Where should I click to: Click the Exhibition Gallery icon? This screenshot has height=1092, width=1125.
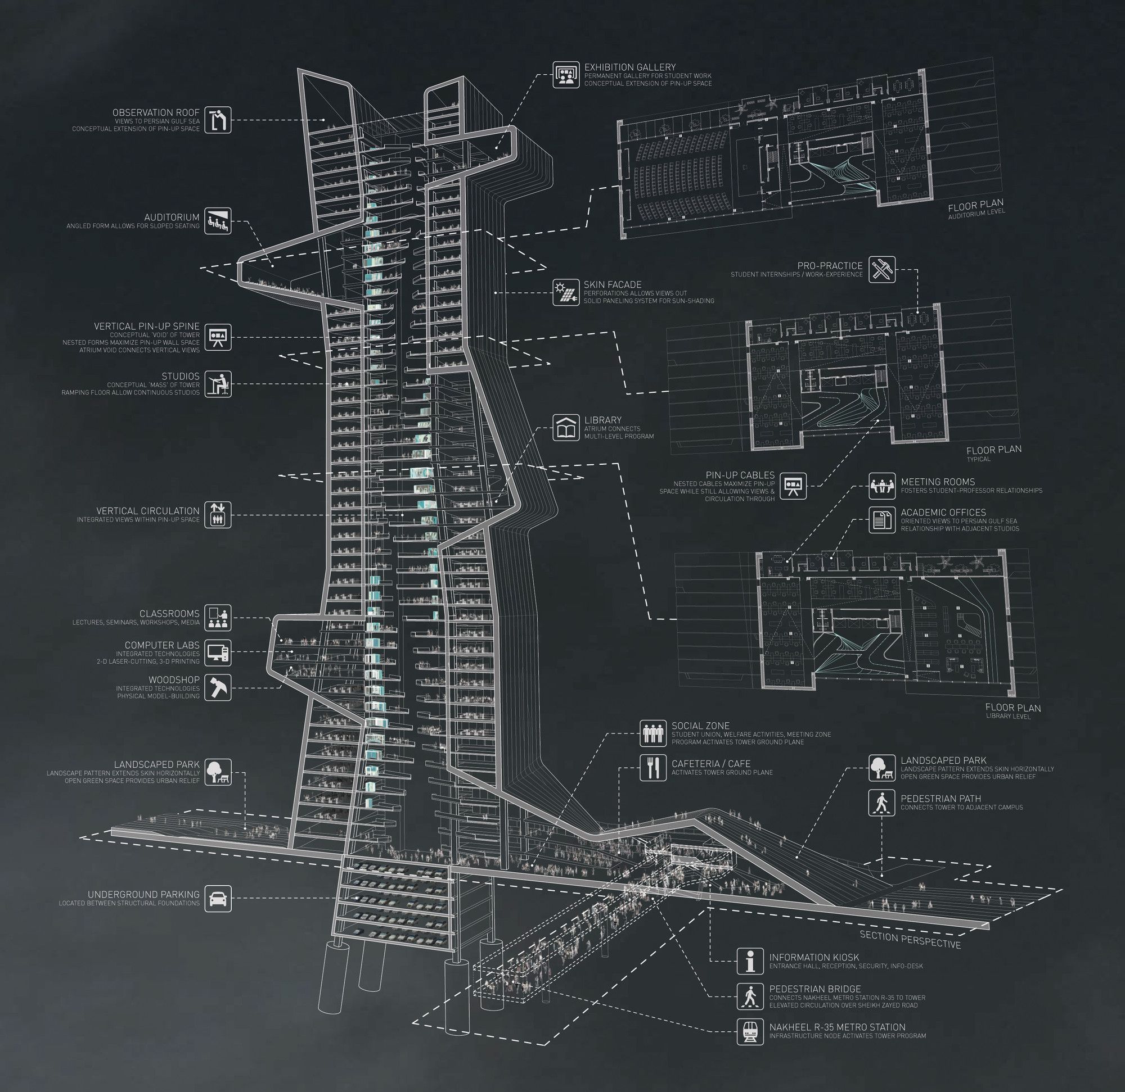coord(566,75)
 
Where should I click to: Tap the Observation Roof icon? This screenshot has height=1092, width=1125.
coord(218,120)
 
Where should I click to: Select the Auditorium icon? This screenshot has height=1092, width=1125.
coord(218,221)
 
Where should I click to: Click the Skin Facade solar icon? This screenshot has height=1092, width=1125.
coord(566,292)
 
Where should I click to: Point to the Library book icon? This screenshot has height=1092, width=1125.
coord(566,428)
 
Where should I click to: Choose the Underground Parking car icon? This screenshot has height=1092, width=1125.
coord(218,898)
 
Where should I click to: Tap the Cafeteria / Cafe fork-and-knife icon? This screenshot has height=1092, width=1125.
coord(654,767)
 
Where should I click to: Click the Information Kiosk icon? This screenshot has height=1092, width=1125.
coord(751,960)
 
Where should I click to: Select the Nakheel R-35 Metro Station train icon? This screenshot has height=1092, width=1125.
coord(751,1031)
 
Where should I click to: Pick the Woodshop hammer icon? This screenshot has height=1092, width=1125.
coord(218,688)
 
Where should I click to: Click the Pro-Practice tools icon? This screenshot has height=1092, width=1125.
coord(881,270)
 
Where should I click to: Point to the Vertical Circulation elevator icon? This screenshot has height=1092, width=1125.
coord(218,514)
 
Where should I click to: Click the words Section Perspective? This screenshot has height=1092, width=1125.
coord(910,940)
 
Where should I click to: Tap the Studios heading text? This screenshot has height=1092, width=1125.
coord(180,376)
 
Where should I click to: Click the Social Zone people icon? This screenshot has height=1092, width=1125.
coord(654,733)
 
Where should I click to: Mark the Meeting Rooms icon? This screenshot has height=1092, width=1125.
coord(881,486)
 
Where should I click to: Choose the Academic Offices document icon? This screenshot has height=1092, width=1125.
coord(881,520)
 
